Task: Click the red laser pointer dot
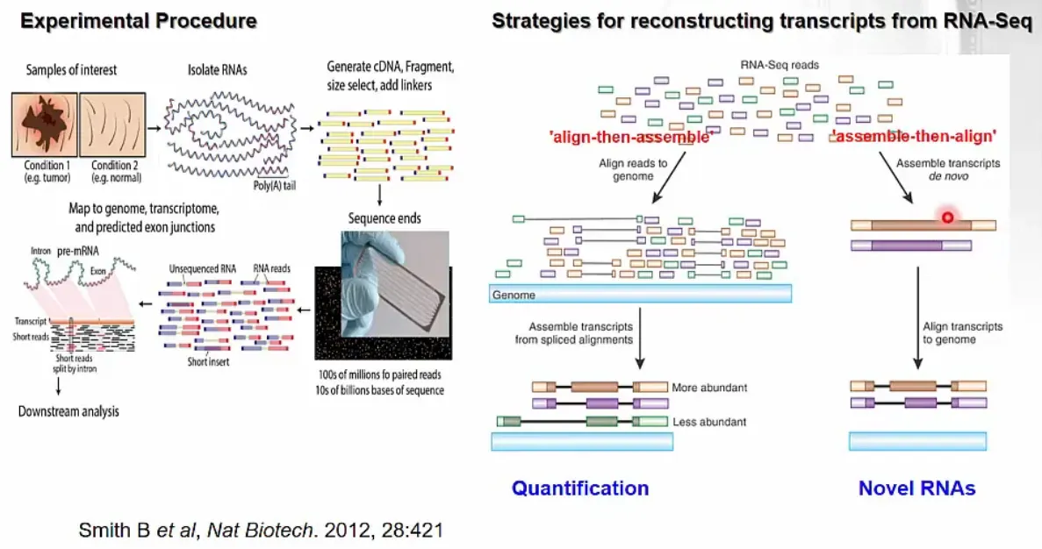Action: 948,217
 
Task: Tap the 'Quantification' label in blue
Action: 580,488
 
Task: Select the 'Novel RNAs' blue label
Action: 917,488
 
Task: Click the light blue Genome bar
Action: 640,294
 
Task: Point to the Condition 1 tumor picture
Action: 45,125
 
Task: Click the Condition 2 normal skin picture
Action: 112,125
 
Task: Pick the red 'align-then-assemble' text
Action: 631,137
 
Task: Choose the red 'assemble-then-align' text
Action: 915,136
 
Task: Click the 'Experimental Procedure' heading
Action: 138,20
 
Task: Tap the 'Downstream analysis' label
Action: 68,411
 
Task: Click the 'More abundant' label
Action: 709,388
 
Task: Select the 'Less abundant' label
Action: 709,422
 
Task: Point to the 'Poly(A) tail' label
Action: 275,186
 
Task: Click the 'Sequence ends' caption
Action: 384,218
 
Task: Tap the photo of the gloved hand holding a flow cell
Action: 395,284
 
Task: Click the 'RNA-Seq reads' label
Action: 780,65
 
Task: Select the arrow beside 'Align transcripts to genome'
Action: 917,318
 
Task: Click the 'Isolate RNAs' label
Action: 218,69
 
